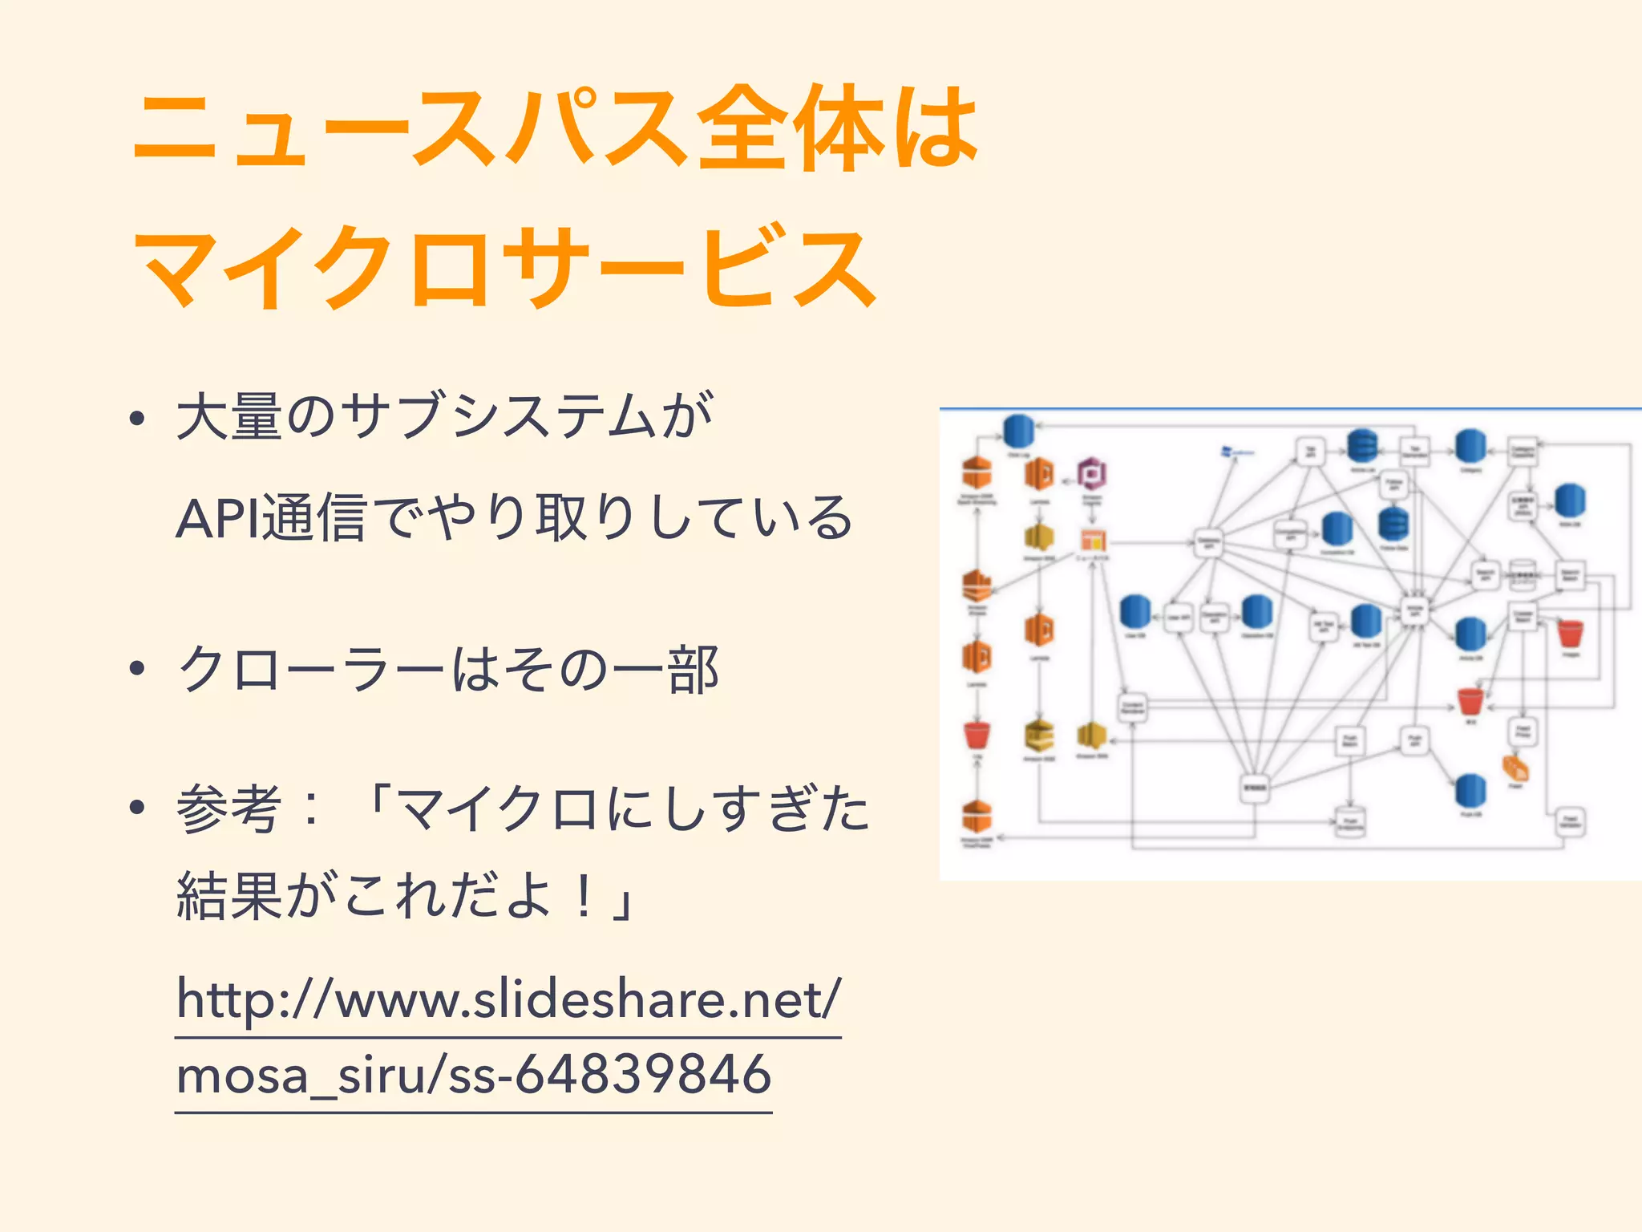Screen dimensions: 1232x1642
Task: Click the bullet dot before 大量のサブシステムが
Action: pyautogui.click(x=138, y=419)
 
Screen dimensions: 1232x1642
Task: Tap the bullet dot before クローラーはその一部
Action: pyautogui.click(x=138, y=668)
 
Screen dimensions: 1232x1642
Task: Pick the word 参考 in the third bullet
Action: pyautogui.click(x=229, y=809)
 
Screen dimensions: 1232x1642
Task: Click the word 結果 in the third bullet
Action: pyautogui.click(x=229, y=896)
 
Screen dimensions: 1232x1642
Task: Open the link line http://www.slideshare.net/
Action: pyautogui.click(x=508, y=999)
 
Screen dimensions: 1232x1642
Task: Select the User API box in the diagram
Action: pyautogui.click(x=1178, y=618)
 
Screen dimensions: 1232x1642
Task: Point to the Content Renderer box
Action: pyautogui.click(x=1132, y=707)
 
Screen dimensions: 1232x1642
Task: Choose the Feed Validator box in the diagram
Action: pyautogui.click(x=1570, y=821)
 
